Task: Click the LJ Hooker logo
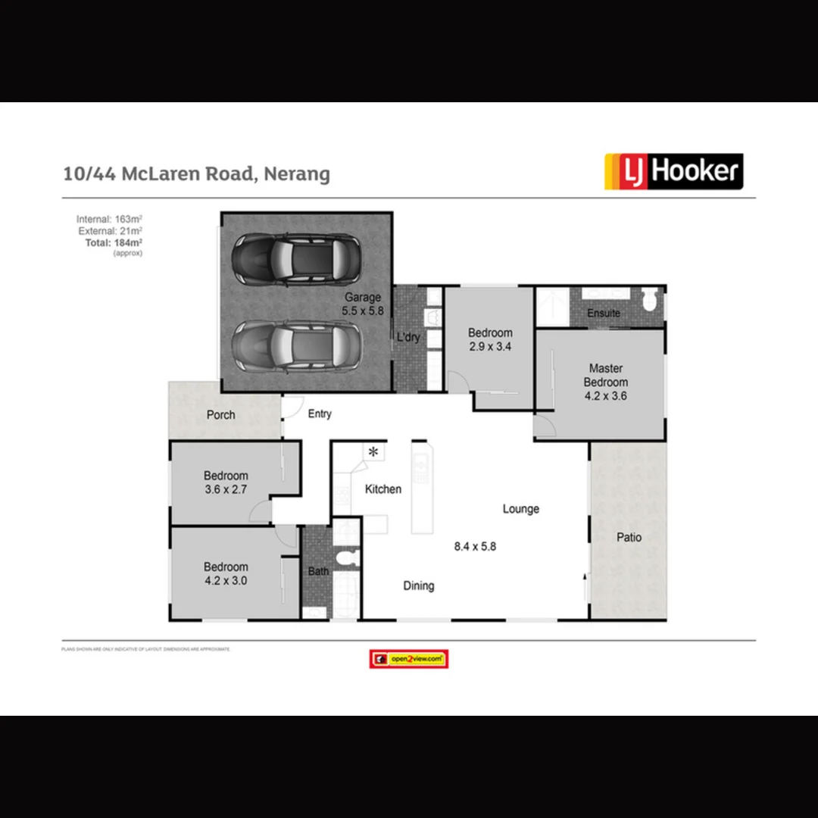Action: [x=673, y=171]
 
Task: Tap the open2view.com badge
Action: [x=409, y=659]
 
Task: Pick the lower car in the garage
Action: [x=295, y=345]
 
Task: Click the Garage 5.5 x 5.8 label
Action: [x=363, y=304]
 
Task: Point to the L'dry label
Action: [x=408, y=338]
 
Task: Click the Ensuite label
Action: [x=604, y=313]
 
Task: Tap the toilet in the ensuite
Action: [x=649, y=301]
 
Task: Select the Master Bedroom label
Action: [x=605, y=382]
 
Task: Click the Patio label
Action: [x=629, y=537]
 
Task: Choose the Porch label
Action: [x=220, y=415]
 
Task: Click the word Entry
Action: [x=320, y=414]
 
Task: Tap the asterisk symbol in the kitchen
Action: [x=373, y=452]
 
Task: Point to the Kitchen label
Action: [x=383, y=489]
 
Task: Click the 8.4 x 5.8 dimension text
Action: [x=475, y=546]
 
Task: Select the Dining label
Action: [x=419, y=585]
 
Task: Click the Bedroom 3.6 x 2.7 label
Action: [x=226, y=482]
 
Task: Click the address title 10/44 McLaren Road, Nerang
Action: [x=197, y=173]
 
